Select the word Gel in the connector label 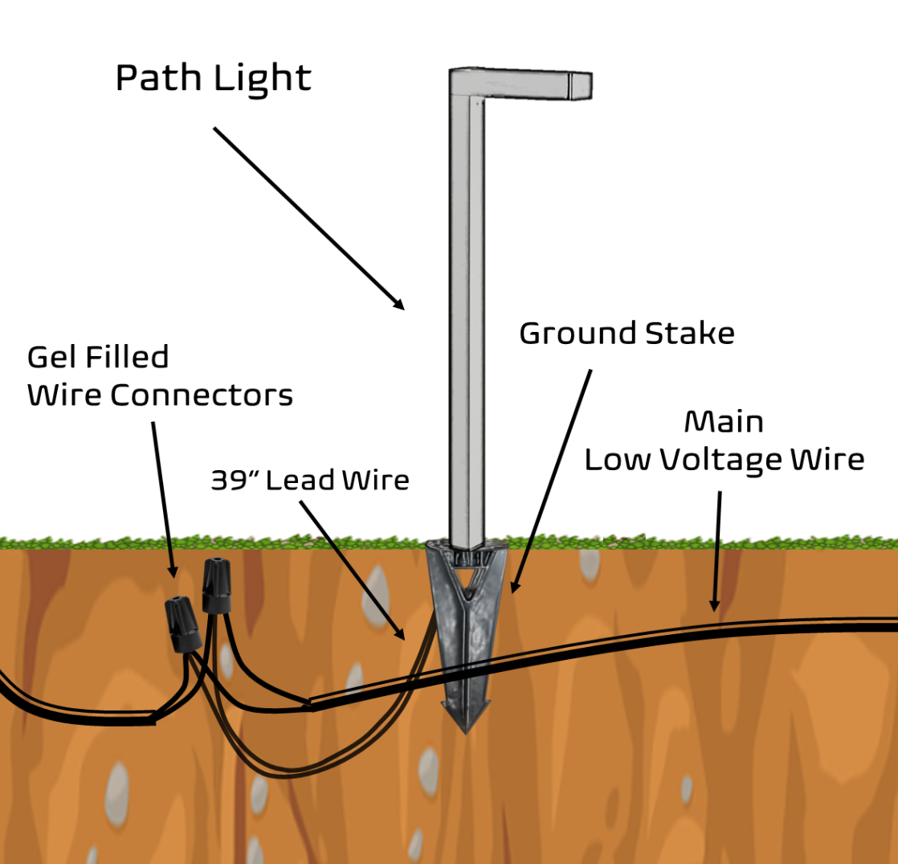[x=51, y=357]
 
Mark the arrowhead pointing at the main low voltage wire [x=712, y=606]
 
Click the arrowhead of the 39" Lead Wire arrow [x=402, y=635]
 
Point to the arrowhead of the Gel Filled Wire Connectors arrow [x=172, y=572]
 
